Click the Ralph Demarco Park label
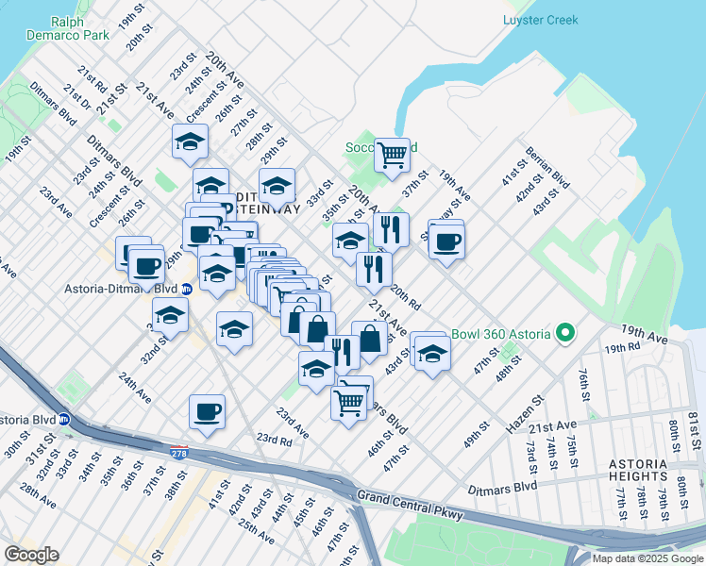[x=80, y=27]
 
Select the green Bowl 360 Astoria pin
[x=565, y=333]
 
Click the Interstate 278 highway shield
[x=178, y=454]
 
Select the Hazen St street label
[x=526, y=414]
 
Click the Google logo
[x=31, y=555]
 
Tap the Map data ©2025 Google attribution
[x=647, y=558]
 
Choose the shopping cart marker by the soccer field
[x=392, y=153]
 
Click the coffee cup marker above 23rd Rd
[x=207, y=410]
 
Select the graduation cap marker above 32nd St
[x=170, y=314]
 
